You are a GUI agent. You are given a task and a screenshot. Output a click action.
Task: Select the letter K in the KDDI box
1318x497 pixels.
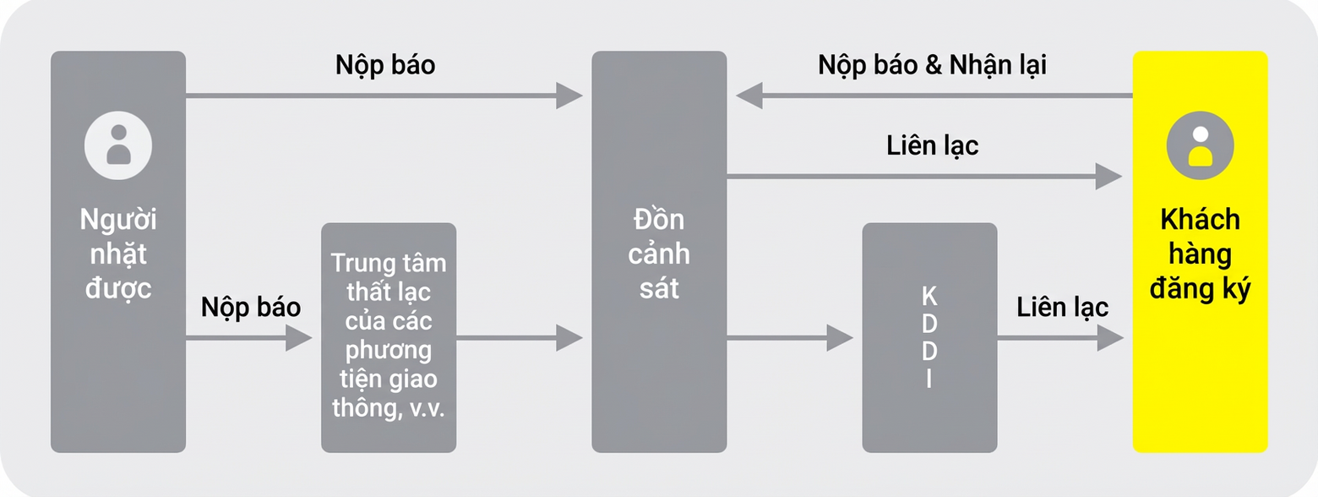point(929,297)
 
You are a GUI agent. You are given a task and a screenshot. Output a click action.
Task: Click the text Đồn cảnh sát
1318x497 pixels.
point(659,254)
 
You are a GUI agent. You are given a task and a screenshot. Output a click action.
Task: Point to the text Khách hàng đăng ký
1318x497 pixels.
point(1200,254)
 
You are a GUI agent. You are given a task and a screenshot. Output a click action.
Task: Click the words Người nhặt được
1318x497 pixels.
point(118,254)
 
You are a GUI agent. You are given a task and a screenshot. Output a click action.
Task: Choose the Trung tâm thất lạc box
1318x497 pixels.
point(389,338)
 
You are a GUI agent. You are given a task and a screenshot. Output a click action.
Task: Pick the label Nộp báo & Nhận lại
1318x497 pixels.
point(933,65)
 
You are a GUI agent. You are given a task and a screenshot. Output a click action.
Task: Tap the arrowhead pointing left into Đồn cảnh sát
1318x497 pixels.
point(749,96)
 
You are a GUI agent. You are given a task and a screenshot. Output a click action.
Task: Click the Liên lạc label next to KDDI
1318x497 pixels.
point(1063,307)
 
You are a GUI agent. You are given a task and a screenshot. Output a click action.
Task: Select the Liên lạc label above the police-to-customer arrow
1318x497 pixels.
point(933,145)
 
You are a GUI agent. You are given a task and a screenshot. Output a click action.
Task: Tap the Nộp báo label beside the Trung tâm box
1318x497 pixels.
point(251,307)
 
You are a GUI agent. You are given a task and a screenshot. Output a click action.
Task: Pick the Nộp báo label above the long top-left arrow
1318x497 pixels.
point(385,65)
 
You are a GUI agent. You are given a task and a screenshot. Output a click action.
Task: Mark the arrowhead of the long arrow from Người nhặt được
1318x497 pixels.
point(569,96)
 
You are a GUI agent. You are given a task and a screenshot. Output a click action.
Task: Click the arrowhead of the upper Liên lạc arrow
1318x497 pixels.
point(1108,177)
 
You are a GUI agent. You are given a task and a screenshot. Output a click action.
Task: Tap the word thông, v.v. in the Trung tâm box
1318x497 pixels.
point(389,407)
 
